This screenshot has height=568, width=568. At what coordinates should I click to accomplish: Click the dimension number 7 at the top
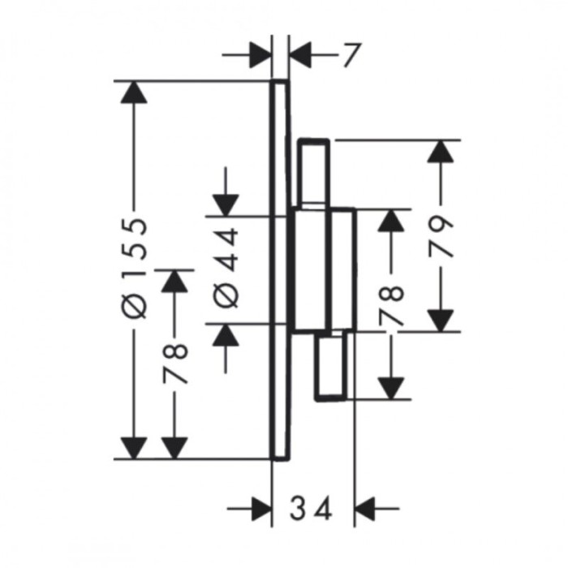(x=352, y=55)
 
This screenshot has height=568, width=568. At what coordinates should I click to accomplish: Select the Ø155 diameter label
(x=135, y=269)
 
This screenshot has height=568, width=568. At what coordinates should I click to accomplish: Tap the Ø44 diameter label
(x=226, y=269)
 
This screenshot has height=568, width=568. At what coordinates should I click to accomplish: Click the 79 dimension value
(x=440, y=237)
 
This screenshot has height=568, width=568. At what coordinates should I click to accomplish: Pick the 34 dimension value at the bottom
(x=311, y=508)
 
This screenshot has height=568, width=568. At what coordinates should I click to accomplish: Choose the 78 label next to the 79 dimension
(x=391, y=306)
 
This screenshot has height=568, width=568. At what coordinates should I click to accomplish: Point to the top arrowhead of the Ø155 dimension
(x=134, y=93)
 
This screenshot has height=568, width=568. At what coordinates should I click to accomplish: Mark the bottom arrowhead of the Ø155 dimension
(x=134, y=448)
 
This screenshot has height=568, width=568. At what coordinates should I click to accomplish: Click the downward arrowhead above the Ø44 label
(x=226, y=205)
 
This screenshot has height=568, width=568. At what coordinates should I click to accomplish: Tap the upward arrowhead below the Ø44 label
(x=226, y=334)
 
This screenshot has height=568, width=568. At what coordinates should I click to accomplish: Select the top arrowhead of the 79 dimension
(x=440, y=151)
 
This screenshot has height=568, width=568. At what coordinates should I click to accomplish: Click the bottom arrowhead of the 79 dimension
(x=440, y=321)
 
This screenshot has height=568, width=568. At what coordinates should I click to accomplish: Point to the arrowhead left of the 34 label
(x=261, y=509)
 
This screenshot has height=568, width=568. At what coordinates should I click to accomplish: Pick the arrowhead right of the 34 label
(x=365, y=509)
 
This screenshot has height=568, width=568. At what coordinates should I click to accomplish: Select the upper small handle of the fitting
(x=313, y=173)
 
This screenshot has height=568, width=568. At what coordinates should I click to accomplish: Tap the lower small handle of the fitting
(x=331, y=367)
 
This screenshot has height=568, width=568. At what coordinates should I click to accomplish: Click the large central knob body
(x=325, y=270)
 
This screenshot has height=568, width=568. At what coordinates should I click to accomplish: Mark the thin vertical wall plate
(x=281, y=270)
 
